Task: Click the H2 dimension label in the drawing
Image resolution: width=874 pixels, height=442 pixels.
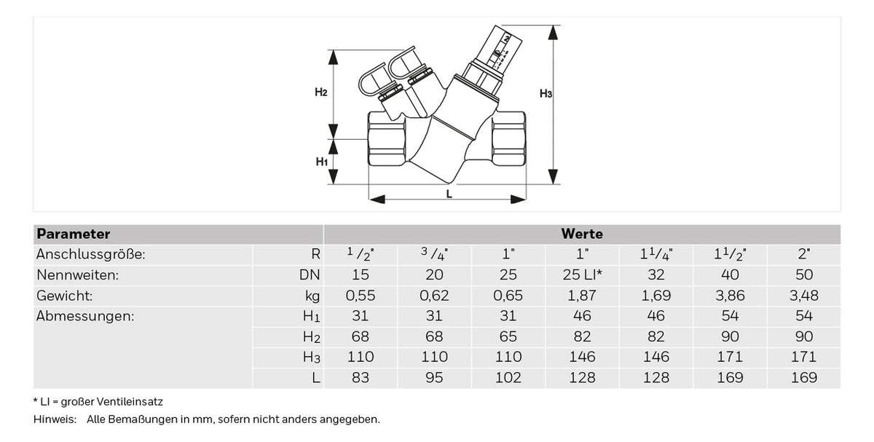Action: point(320,92)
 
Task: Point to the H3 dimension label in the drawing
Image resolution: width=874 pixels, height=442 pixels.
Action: point(546,94)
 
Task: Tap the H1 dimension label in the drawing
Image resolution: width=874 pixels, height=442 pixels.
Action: point(321,162)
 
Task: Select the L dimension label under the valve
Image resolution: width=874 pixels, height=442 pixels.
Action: point(449,194)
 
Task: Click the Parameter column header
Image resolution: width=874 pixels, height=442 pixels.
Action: point(73,234)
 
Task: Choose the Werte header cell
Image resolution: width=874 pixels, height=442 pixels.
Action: point(582,234)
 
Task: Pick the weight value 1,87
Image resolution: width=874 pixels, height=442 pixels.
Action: point(582,296)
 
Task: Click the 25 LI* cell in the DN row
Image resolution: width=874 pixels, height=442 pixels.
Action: point(582,275)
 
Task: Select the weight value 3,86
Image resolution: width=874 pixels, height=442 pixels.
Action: point(730,296)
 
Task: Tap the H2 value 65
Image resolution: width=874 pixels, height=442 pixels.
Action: point(508,336)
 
